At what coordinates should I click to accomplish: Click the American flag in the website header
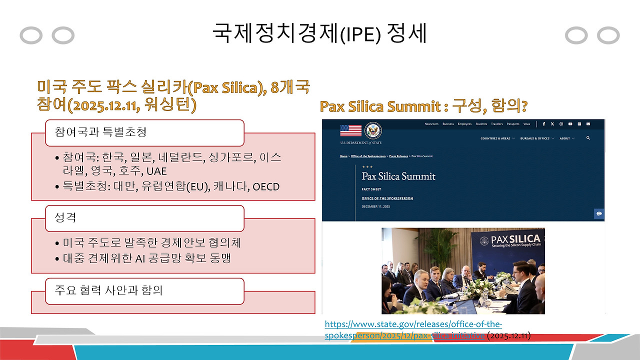click(350, 130)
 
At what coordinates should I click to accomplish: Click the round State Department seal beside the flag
click(373, 130)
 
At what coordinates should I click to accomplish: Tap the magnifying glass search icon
click(588, 138)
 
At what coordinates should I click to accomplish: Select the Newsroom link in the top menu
click(431, 124)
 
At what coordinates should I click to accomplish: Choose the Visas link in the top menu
click(526, 124)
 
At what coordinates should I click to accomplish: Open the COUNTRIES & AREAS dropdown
click(497, 138)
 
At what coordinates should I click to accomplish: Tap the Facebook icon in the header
click(544, 124)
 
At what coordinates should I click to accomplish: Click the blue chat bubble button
click(598, 214)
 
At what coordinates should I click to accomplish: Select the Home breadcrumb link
click(343, 156)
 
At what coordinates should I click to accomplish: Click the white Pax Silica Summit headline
click(398, 176)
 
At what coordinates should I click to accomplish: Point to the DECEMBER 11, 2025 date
click(376, 205)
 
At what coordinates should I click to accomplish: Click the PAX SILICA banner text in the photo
click(515, 240)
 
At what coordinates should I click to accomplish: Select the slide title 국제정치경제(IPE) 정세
click(320, 34)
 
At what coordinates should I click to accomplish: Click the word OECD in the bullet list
click(266, 187)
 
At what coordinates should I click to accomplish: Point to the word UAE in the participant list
click(156, 171)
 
